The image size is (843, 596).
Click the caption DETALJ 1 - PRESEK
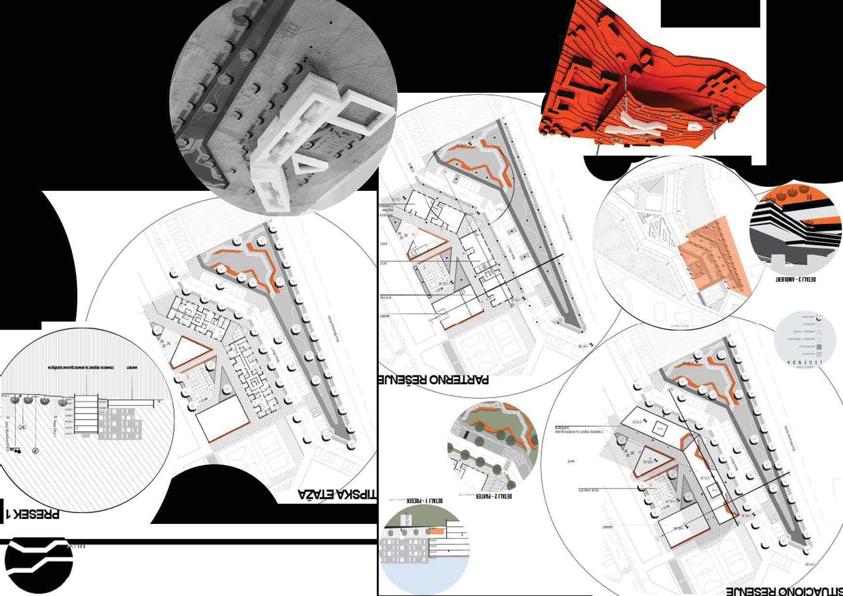(425, 500)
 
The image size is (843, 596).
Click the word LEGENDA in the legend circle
(808, 362)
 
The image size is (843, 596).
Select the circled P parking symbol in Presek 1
(35, 451)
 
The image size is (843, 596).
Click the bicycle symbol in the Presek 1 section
(22, 427)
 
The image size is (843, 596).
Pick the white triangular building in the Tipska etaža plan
(186, 354)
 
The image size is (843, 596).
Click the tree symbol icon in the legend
(819, 318)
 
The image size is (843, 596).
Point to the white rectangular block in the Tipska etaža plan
(222, 419)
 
